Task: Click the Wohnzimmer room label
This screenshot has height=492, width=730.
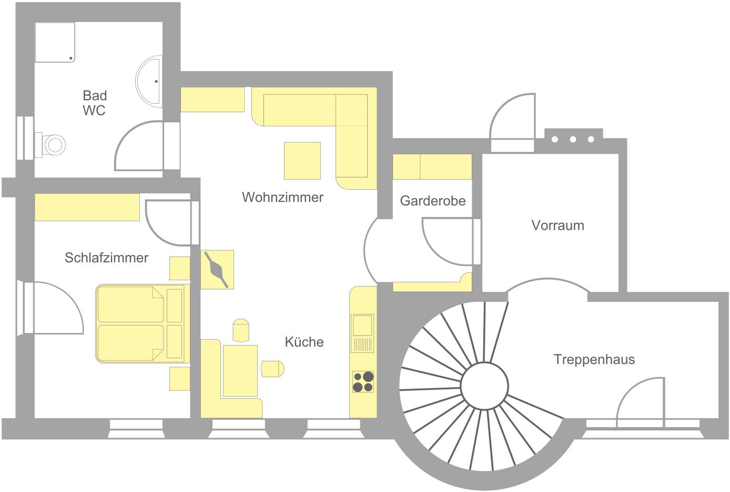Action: pyautogui.click(x=282, y=197)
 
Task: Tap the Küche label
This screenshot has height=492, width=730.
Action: pyautogui.click(x=304, y=342)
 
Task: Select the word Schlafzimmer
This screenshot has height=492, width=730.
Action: pyautogui.click(x=107, y=258)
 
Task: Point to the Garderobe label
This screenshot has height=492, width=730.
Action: pyautogui.click(x=433, y=201)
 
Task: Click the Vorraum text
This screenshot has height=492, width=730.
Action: pyautogui.click(x=557, y=225)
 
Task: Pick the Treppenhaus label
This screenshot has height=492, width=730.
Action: pyautogui.click(x=594, y=359)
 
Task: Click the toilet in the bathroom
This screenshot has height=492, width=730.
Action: pyautogui.click(x=50, y=145)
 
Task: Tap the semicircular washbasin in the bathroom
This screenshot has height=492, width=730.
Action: pyautogui.click(x=149, y=81)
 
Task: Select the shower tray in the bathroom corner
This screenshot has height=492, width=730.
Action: pyautogui.click(x=55, y=42)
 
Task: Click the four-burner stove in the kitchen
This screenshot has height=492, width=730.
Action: pyautogui.click(x=363, y=381)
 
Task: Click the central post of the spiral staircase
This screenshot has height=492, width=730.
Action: pyautogui.click(x=484, y=386)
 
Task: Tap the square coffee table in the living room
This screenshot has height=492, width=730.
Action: pyautogui.click(x=302, y=161)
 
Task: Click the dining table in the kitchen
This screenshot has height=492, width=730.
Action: pyautogui.click(x=240, y=370)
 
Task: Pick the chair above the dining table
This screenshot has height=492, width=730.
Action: pyautogui.click(x=241, y=330)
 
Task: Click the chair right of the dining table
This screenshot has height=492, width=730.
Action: pyautogui.click(x=272, y=369)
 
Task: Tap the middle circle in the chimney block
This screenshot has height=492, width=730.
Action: pyautogui.click(x=573, y=140)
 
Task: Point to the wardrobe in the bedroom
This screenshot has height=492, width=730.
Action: pyautogui.click(x=87, y=208)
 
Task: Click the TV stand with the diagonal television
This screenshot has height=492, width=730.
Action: pyautogui.click(x=217, y=269)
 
